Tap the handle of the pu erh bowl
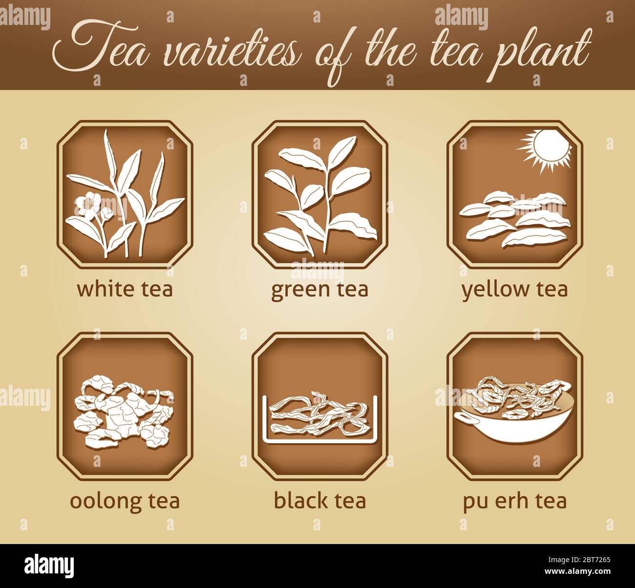[464, 415]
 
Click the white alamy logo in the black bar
[49, 566]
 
